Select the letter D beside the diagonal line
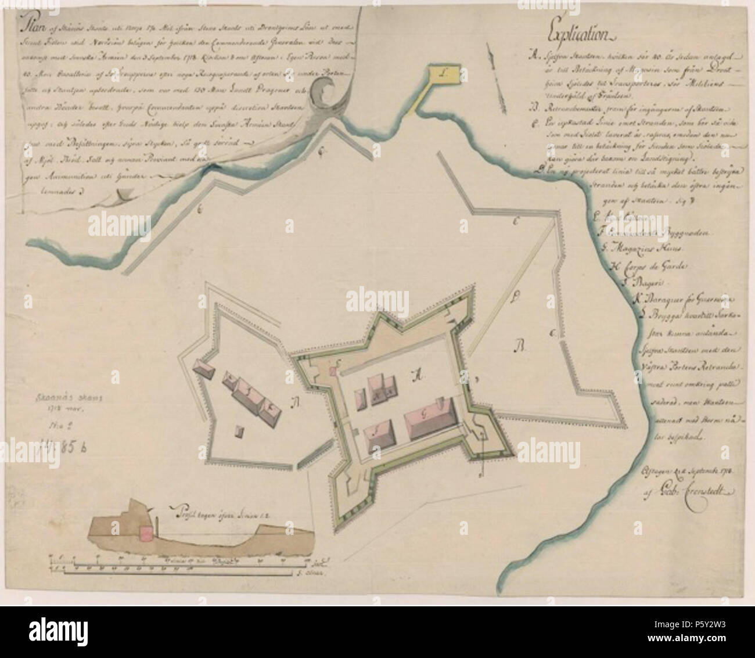pos(513,301)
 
